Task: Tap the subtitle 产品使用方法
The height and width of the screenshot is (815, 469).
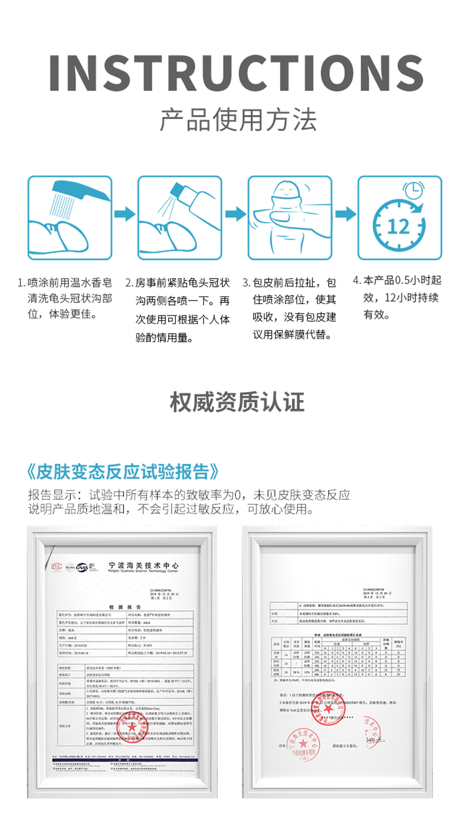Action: [238, 120]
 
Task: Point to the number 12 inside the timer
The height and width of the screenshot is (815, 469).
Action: [398, 227]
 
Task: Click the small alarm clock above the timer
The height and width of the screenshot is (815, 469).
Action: [413, 190]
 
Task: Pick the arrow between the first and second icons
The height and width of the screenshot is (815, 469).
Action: [125, 214]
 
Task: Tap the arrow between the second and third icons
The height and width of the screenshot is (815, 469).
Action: [235, 214]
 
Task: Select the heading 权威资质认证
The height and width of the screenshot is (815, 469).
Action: [237, 402]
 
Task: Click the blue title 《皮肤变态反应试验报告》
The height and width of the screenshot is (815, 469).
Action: [122, 472]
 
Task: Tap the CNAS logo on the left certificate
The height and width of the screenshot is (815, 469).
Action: [82, 567]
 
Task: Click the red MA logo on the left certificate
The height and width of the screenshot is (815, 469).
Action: [57, 566]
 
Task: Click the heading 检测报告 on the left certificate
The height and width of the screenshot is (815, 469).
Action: [125, 607]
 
